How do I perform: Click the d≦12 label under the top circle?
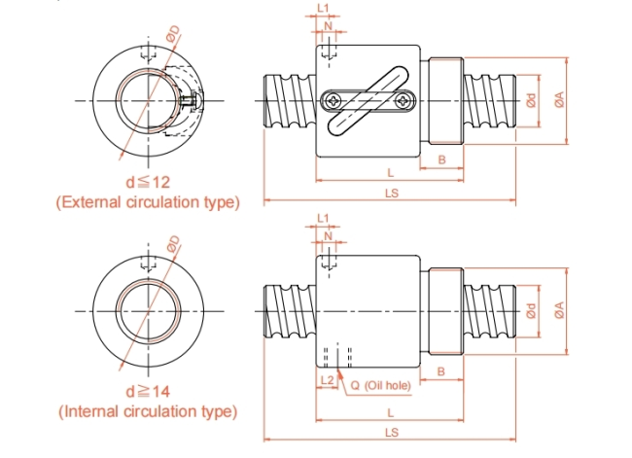tap(148, 182)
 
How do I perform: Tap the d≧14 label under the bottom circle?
tap(148, 392)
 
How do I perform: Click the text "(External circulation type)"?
tap(148, 202)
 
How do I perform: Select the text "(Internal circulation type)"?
tap(148, 411)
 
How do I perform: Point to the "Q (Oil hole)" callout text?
tap(380, 385)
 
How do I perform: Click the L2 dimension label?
tap(328, 380)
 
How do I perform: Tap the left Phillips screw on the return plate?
tap(334, 100)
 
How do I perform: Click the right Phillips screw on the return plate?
tap(403, 100)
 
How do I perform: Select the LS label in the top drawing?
tap(392, 194)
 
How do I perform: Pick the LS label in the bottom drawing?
tap(392, 433)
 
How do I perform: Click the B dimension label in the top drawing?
tap(441, 159)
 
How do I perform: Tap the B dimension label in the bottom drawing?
tap(441, 371)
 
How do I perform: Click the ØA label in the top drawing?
tap(559, 99)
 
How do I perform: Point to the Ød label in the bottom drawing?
tap(532, 310)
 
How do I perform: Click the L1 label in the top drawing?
tap(323, 8)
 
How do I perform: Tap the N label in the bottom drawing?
tap(328, 236)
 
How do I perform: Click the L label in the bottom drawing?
tap(390, 413)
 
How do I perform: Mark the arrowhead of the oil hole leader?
tap(339, 373)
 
